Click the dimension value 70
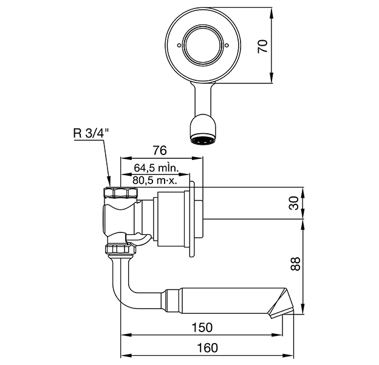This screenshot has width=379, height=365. [263, 46]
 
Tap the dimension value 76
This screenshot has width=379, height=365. [160, 150]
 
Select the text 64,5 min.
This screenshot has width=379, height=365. [156, 168]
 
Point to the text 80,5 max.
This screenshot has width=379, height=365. [155, 180]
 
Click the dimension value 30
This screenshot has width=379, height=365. [295, 203]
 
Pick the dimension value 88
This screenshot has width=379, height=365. [295, 264]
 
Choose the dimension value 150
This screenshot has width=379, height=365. [202, 327]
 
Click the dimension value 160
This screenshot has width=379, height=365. [207, 348]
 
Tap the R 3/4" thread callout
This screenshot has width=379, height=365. [91, 133]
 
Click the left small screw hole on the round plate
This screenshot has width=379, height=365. [179, 45]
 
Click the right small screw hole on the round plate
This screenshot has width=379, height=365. [227, 45]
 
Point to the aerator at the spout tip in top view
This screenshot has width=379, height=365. [203, 141]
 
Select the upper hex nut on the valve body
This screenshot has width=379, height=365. [121, 193]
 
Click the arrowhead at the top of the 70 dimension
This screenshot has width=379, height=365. [271, 13]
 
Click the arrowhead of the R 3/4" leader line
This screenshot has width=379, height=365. [109, 182]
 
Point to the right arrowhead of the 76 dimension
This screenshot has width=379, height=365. [197, 158]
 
